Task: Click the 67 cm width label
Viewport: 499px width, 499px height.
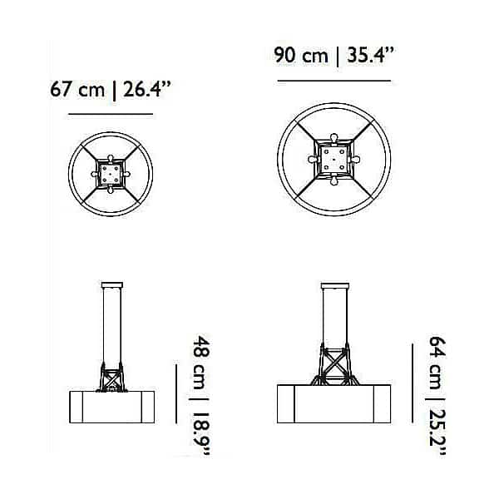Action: pyautogui.click(x=77, y=89)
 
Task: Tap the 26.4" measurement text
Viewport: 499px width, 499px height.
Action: pyautogui.click(x=147, y=89)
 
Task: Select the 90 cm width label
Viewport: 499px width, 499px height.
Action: pyautogui.click(x=301, y=55)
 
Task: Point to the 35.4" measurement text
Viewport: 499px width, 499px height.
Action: pyautogui.click(x=370, y=55)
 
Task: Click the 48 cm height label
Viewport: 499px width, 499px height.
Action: pyautogui.click(x=202, y=363)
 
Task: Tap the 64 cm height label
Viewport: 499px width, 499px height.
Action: pyautogui.click(x=437, y=363)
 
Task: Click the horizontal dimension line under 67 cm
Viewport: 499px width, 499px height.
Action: pyautogui.click(x=111, y=114)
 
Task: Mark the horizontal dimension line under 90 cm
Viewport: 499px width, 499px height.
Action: pyautogui.click(x=334, y=81)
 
